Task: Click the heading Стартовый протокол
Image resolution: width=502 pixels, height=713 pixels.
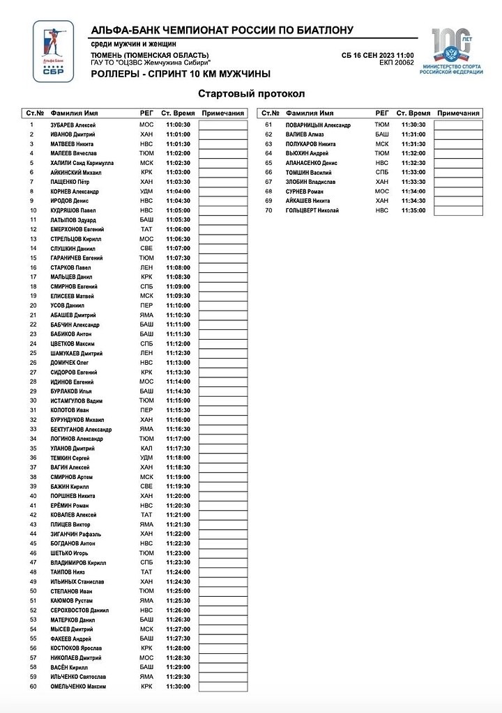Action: point(251,94)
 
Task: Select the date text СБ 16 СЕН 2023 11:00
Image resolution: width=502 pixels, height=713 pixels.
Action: point(378,55)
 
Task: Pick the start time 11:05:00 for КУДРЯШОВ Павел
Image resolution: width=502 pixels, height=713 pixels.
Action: point(178,210)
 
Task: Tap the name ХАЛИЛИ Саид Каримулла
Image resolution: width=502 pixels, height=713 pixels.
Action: point(82,163)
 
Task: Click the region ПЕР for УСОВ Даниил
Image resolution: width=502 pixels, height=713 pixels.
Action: point(146,305)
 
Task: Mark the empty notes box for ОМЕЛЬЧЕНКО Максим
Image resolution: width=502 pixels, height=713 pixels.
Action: point(222,687)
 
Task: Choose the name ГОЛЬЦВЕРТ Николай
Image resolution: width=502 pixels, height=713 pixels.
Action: point(312,210)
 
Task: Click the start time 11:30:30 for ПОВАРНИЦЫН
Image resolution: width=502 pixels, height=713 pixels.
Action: point(413,125)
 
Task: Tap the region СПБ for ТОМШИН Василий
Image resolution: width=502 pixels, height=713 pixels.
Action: point(382,172)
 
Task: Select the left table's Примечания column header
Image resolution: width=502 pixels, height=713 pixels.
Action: point(222,113)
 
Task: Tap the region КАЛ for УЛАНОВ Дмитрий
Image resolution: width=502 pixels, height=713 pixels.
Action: point(146,448)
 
